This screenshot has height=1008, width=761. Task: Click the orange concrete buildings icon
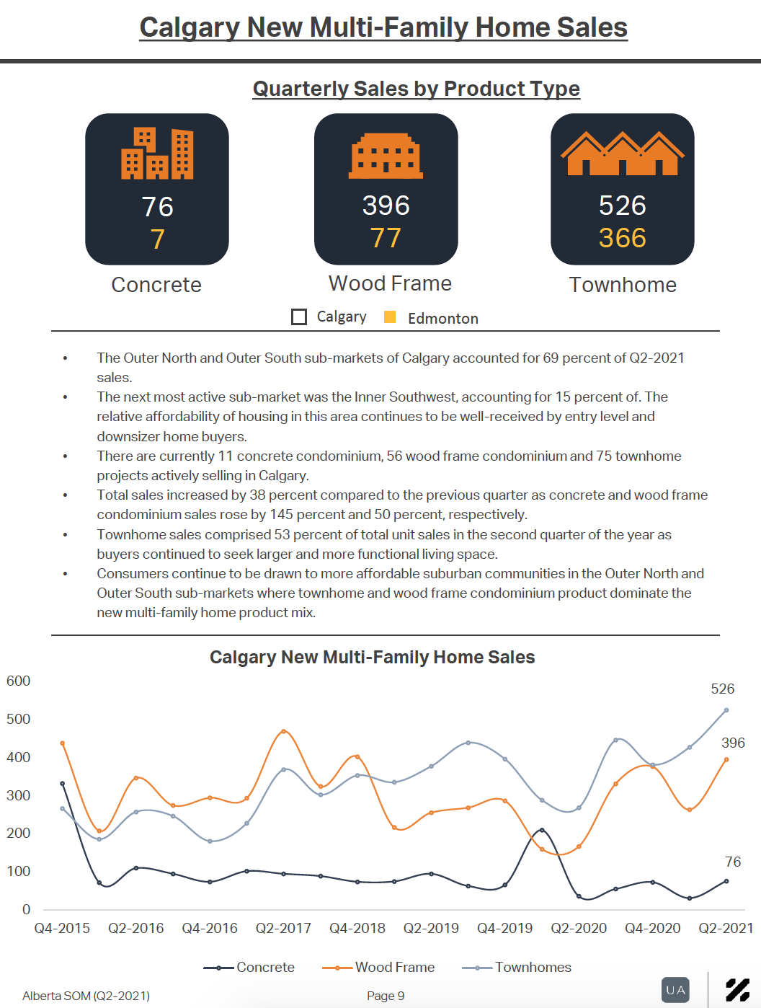(157, 153)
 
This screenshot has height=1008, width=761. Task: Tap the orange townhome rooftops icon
(623, 153)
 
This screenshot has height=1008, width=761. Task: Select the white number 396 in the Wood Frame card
(386, 205)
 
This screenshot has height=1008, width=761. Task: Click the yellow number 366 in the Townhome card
(623, 238)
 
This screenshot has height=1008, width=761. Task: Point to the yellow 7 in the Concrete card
(157, 239)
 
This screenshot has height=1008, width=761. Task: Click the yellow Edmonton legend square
(390, 317)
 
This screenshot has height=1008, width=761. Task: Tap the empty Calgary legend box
(299, 317)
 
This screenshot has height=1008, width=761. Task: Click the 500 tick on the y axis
(18, 719)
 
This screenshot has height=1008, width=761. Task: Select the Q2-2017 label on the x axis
(283, 928)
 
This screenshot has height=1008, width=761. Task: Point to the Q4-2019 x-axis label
(505, 928)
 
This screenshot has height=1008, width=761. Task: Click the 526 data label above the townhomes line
(722, 689)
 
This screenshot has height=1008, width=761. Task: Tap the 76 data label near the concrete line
(733, 862)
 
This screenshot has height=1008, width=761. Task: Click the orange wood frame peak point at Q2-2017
(283, 731)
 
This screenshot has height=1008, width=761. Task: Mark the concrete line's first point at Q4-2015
(63, 784)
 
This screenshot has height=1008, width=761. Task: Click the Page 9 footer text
(386, 996)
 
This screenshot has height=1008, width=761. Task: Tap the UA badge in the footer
(675, 990)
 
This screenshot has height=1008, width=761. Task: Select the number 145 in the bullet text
(281, 514)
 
